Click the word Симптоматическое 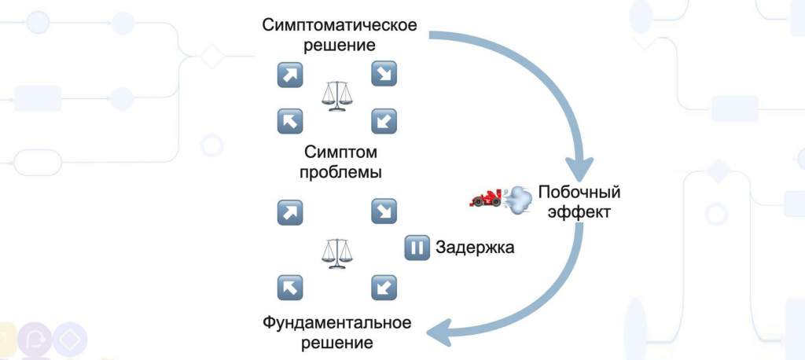point(339,25)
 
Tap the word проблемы point(340,171)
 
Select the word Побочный point(579,192)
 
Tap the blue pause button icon point(417,248)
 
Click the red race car point(485,198)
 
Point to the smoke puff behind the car point(517,200)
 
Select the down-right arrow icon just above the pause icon point(384,211)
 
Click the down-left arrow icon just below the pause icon point(384,287)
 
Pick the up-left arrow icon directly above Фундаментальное point(290,287)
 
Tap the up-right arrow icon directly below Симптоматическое point(290,74)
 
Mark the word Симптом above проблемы point(339,151)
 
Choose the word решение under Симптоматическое point(340,46)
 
